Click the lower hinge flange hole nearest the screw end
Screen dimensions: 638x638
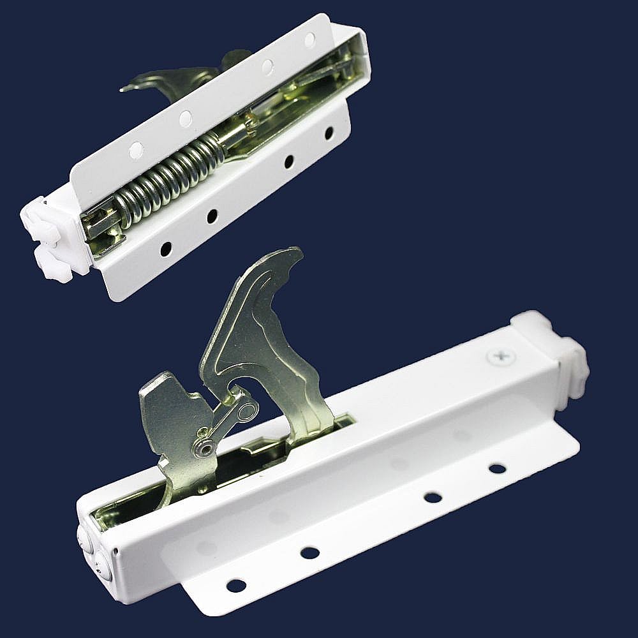point(497,468)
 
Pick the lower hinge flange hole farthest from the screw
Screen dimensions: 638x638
point(236,584)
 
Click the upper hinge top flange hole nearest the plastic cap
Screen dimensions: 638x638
point(136,151)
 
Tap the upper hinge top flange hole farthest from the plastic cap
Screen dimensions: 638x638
point(310,40)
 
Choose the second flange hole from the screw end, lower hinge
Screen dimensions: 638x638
point(433,497)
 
